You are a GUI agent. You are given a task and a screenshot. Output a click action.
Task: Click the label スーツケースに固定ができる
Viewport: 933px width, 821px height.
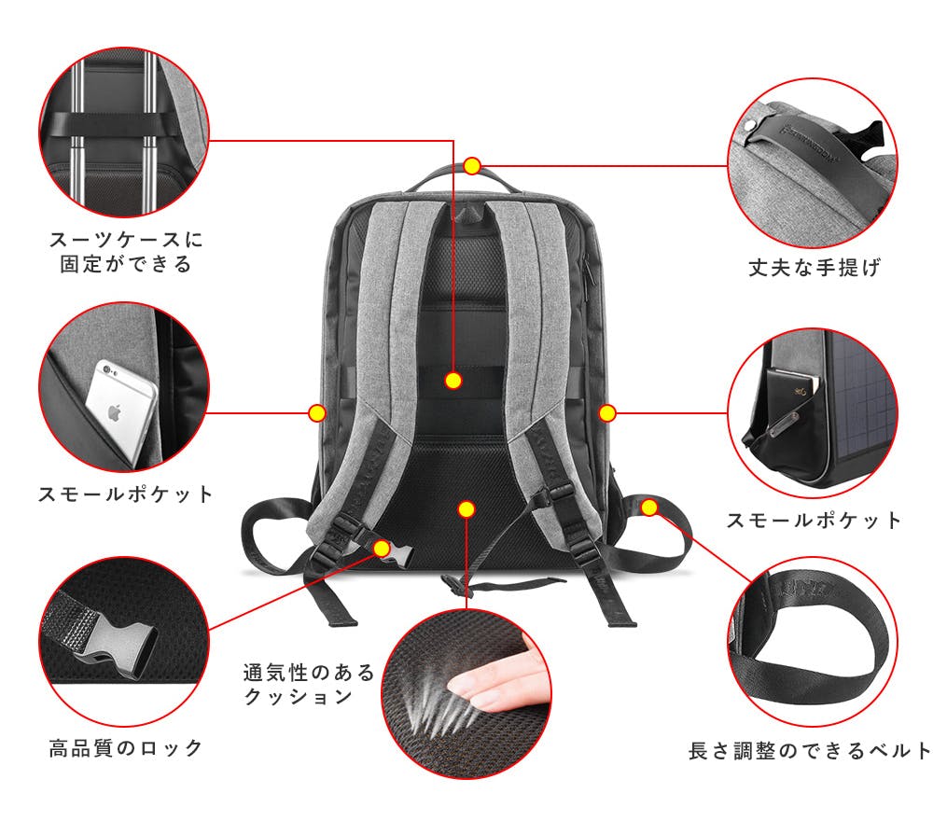[125, 252]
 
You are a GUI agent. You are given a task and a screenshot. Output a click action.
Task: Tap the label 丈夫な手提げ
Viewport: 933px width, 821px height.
[815, 268]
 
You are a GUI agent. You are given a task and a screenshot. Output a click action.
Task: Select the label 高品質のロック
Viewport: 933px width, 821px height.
[125, 747]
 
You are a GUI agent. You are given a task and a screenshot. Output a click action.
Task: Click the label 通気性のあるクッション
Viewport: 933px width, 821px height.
[309, 684]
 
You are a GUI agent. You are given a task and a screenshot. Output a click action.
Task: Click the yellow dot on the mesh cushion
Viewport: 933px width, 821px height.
[467, 509]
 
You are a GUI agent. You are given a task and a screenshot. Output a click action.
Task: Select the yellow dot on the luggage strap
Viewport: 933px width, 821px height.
[453, 381]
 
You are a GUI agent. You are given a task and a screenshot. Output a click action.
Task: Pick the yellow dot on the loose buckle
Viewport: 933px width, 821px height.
[381, 548]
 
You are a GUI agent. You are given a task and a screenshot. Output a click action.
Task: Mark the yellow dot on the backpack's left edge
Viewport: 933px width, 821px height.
[316, 412]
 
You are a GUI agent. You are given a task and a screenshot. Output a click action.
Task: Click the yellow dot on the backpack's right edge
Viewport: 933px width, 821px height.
[607, 412]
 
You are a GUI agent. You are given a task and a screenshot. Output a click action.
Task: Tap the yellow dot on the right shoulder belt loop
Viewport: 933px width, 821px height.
[650, 508]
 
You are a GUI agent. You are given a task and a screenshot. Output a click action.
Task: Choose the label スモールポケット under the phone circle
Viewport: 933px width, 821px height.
[125, 494]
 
